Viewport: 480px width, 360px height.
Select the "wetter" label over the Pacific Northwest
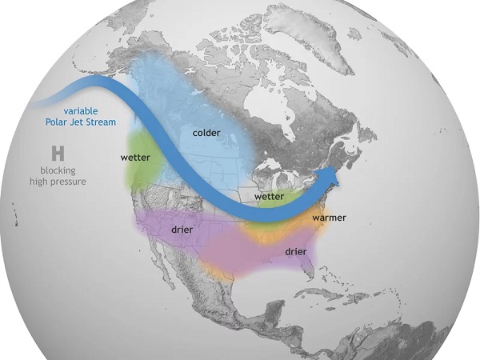[136, 158]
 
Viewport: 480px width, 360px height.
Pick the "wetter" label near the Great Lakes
[270, 196]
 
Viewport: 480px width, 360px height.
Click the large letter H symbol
[58, 152]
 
